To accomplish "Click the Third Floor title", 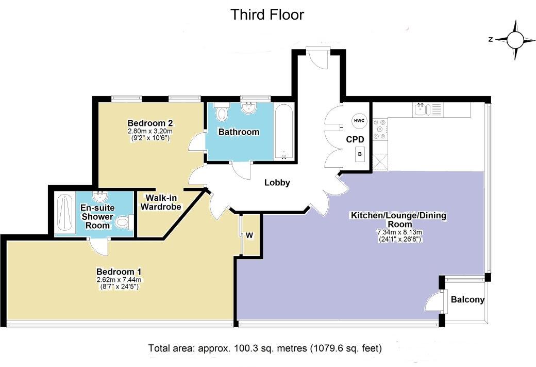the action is (267, 14).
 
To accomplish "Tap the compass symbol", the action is (515, 39).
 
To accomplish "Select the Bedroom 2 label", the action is (150, 123).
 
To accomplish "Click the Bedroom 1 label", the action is (119, 272).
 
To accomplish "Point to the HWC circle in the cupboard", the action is (358, 120).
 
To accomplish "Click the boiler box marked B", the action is (360, 154).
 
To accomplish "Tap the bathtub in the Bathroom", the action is (284, 132).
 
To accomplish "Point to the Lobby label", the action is (277, 183).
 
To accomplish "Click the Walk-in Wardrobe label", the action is (163, 202).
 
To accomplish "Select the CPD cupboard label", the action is (355, 139).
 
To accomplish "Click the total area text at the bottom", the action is (265, 348).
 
